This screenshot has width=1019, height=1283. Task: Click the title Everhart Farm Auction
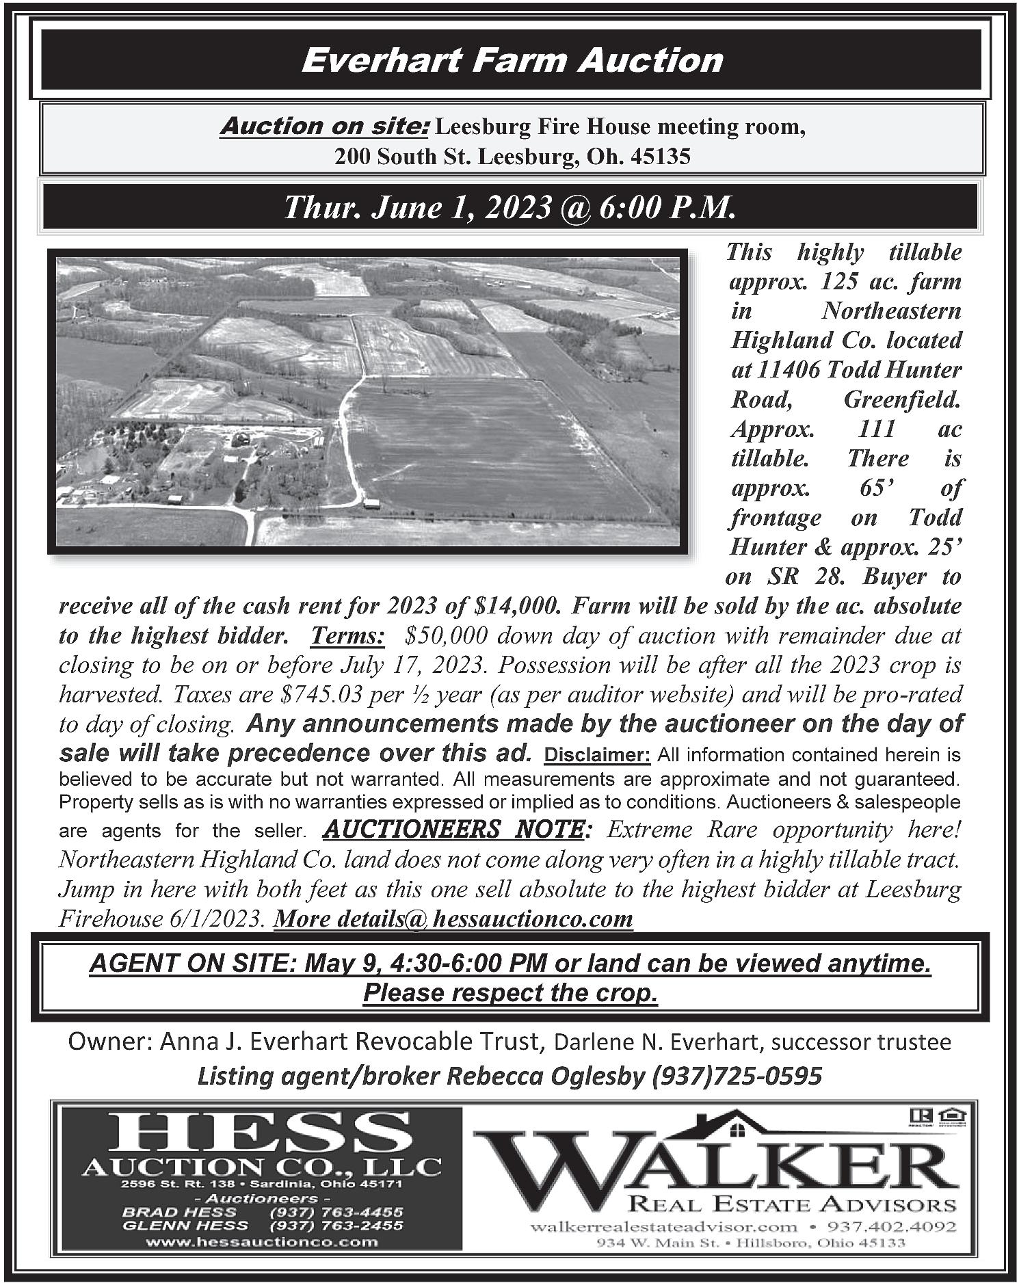(x=512, y=61)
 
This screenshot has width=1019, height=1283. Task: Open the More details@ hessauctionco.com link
(x=453, y=918)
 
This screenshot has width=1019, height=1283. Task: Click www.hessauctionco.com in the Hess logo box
(x=262, y=1242)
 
